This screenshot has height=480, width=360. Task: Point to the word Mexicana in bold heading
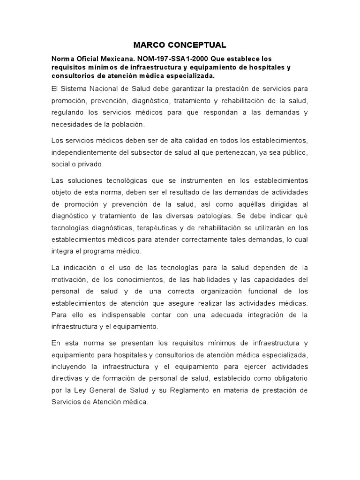click(107, 59)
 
